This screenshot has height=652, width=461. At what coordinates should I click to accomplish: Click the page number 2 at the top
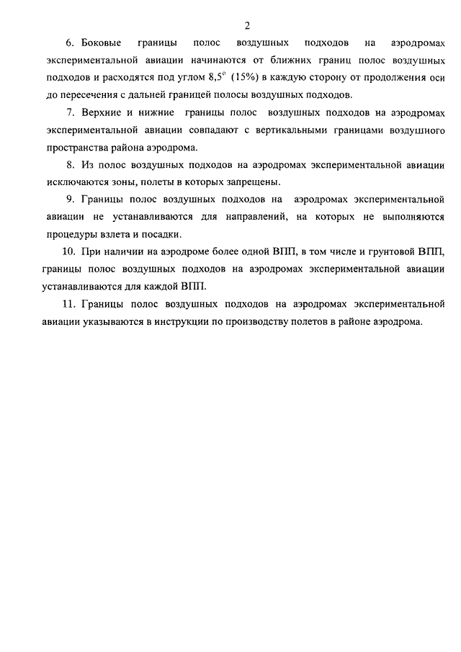246,27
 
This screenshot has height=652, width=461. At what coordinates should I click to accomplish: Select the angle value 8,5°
215,77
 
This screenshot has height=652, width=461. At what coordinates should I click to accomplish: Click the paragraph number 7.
70,114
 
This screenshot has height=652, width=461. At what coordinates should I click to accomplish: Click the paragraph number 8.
70,166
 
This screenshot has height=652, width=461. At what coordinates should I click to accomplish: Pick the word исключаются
72,182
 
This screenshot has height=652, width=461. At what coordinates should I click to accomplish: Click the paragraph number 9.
70,200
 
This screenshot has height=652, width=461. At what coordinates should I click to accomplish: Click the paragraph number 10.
68,252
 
